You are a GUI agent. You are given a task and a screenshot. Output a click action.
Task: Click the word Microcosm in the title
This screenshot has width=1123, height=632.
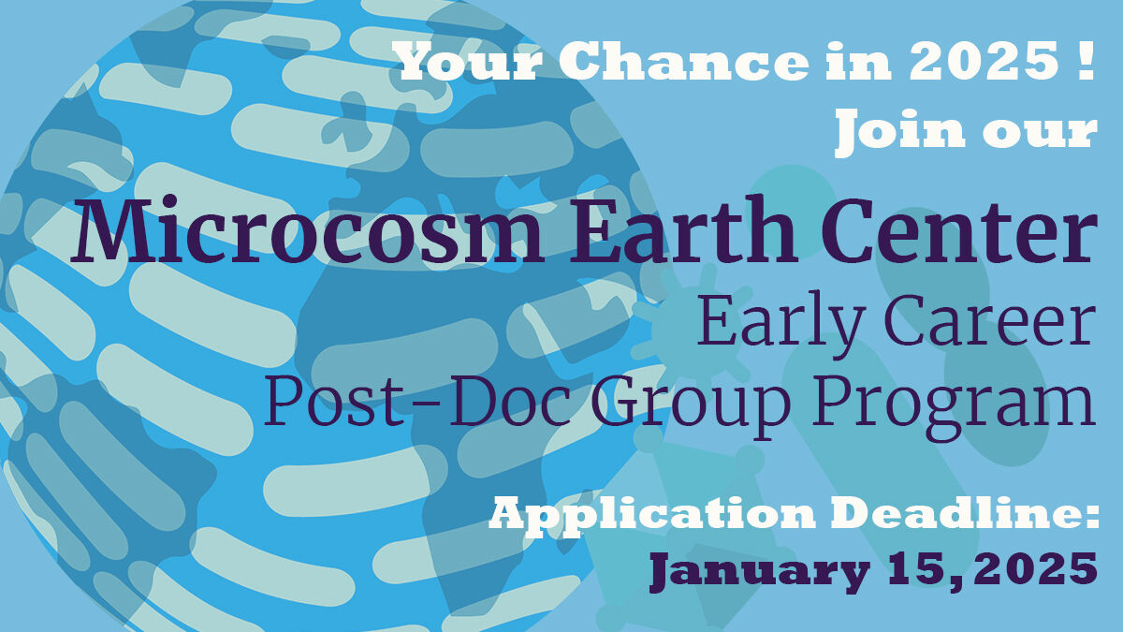[308, 229]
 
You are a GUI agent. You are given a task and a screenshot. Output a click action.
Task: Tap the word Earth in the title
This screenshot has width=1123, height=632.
[684, 229]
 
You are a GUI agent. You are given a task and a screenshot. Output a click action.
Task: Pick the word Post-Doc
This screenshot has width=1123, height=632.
[418, 400]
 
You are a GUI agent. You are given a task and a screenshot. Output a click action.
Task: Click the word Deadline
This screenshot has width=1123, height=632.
[950, 512]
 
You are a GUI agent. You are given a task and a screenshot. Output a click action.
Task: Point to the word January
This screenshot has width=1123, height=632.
[760, 572]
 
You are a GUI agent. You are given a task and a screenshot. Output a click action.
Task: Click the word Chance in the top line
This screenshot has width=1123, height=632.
[689, 61]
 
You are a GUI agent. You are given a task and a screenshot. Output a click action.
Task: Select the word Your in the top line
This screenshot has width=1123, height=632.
[468, 61]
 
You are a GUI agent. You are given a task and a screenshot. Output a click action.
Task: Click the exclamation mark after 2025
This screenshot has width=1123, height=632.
[1087, 61]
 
